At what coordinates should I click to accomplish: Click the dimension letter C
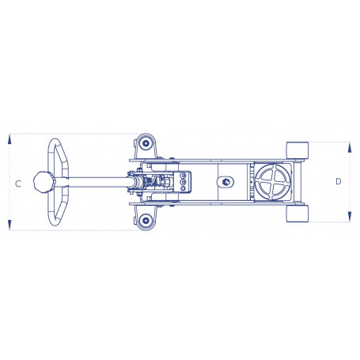point(18,184)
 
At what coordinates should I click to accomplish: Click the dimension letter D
point(339,181)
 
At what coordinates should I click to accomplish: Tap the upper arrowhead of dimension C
point(9,139)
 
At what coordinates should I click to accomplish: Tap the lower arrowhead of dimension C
point(9,225)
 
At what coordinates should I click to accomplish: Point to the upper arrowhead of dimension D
point(350,147)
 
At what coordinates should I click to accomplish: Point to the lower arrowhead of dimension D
point(350,216)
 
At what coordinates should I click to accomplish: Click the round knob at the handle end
point(44,182)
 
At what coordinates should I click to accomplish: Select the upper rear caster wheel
point(146,144)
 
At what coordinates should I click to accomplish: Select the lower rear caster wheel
point(146,220)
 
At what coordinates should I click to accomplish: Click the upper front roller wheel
point(297,150)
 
